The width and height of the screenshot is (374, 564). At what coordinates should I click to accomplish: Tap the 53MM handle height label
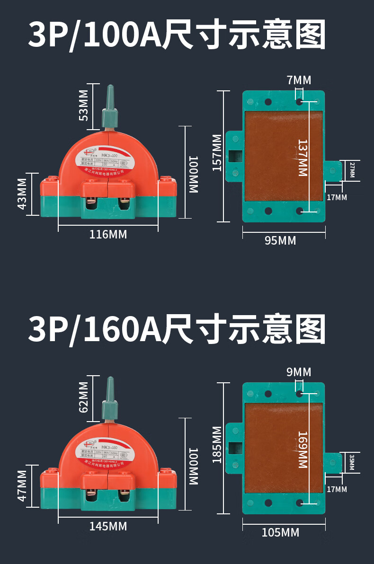pyautogui.click(x=83, y=105)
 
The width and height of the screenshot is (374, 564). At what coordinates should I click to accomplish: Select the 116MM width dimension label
pyautogui.click(x=108, y=234)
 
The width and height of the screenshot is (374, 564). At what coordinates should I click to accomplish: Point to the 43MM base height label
pyautogui.click(x=22, y=194)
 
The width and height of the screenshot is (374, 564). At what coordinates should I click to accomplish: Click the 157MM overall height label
pyautogui.click(x=217, y=152)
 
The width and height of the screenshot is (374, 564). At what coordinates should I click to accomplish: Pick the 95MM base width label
pyautogui.click(x=280, y=241)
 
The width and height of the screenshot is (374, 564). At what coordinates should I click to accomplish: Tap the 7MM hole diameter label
pyautogui.click(x=299, y=80)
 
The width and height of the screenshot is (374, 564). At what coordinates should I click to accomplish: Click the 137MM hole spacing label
pyautogui.click(x=303, y=158)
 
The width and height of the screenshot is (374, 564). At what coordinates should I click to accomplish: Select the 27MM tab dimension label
pyautogui.click(x=352, y=170)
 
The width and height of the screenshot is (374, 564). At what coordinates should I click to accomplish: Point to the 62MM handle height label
pyautogui.click(x=83, y=397)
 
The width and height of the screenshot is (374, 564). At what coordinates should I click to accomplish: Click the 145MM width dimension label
pyautogui.click(x=108, y=526)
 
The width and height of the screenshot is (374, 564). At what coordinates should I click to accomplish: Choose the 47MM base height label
pyautogui.click(x=22, y=486)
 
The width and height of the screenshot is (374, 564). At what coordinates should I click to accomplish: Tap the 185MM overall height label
pyautogui.click(x=217, y=444)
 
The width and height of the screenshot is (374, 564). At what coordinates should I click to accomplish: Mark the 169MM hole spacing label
pyautogui.click(x=303, y=449)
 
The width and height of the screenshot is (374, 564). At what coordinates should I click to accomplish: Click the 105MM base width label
pyautogui.click(x=280, y=533)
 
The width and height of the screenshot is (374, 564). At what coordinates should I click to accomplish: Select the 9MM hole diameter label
pyautogui.click(x=299, y=372)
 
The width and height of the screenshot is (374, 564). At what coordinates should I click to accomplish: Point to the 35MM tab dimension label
pyautogui.click(x=352, y=462)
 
